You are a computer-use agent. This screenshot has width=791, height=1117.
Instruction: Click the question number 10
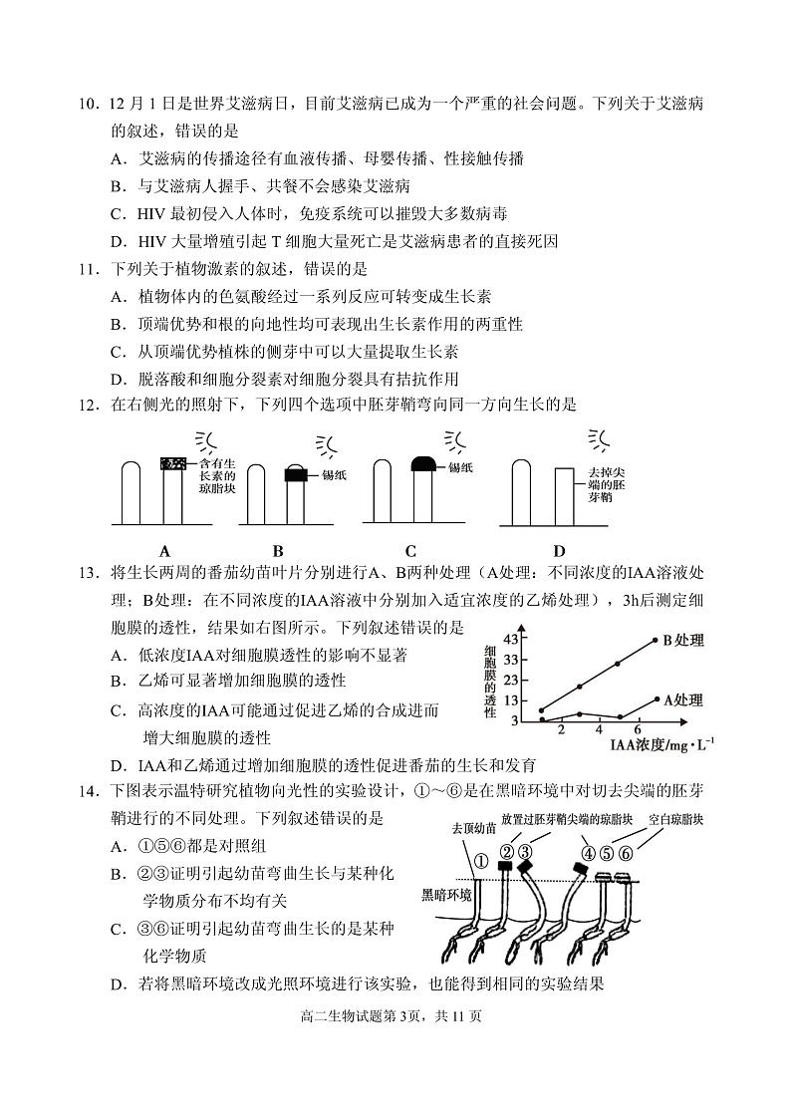pyautogui.click(x=88, y=104)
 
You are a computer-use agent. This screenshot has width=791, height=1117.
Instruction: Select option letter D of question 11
pyautogui.click(x=118, y=379)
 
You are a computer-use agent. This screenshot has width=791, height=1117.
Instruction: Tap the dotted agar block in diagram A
pyautogui.click(x=175, y=462)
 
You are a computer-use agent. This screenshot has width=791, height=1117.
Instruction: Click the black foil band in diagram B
pyautogui.click(x=296, y=474)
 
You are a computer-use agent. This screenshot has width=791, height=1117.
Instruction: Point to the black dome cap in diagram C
pyautogui.click(x=423, y=463)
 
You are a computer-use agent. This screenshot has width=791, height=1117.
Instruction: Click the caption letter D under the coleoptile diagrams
pyautogui.click(x=559, y=551)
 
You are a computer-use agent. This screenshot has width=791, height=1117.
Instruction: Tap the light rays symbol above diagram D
pyautogui.click(x=599, y=438)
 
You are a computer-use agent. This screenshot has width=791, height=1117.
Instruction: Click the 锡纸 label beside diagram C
pyautogui.click(x=460, y=466)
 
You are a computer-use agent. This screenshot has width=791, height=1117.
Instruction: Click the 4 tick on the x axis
pyautogui.click(x=599, y=730)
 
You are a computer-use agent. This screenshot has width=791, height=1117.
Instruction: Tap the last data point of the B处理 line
pyautogui.click(x=655, y=640)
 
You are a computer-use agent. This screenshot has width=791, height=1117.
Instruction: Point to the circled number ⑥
pyautogui.click(x=627, y=853)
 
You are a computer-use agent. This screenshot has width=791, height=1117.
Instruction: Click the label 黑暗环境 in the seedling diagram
pyautogui.click(x=446, y=895)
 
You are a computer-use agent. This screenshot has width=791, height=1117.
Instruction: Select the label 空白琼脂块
pyautogui.click(x=675, y=819)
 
